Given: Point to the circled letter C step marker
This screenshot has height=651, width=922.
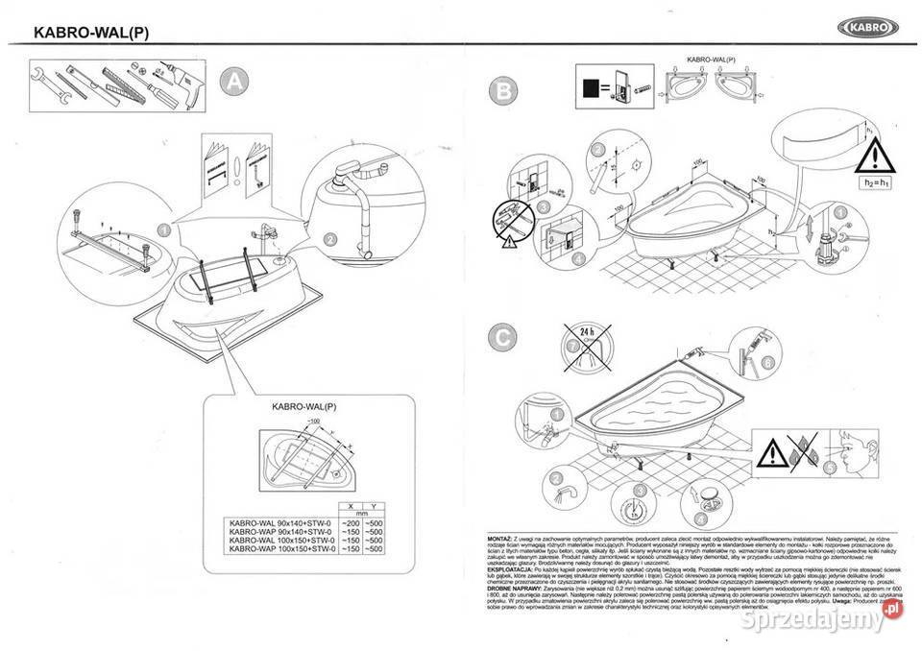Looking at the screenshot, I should pyautogui.click(x=499, y=337).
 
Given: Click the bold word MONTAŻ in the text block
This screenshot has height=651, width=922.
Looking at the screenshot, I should pyautogui.click(x=503, y=540).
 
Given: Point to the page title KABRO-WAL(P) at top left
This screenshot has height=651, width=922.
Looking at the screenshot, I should pyautogui.click(x=90, y=31).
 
